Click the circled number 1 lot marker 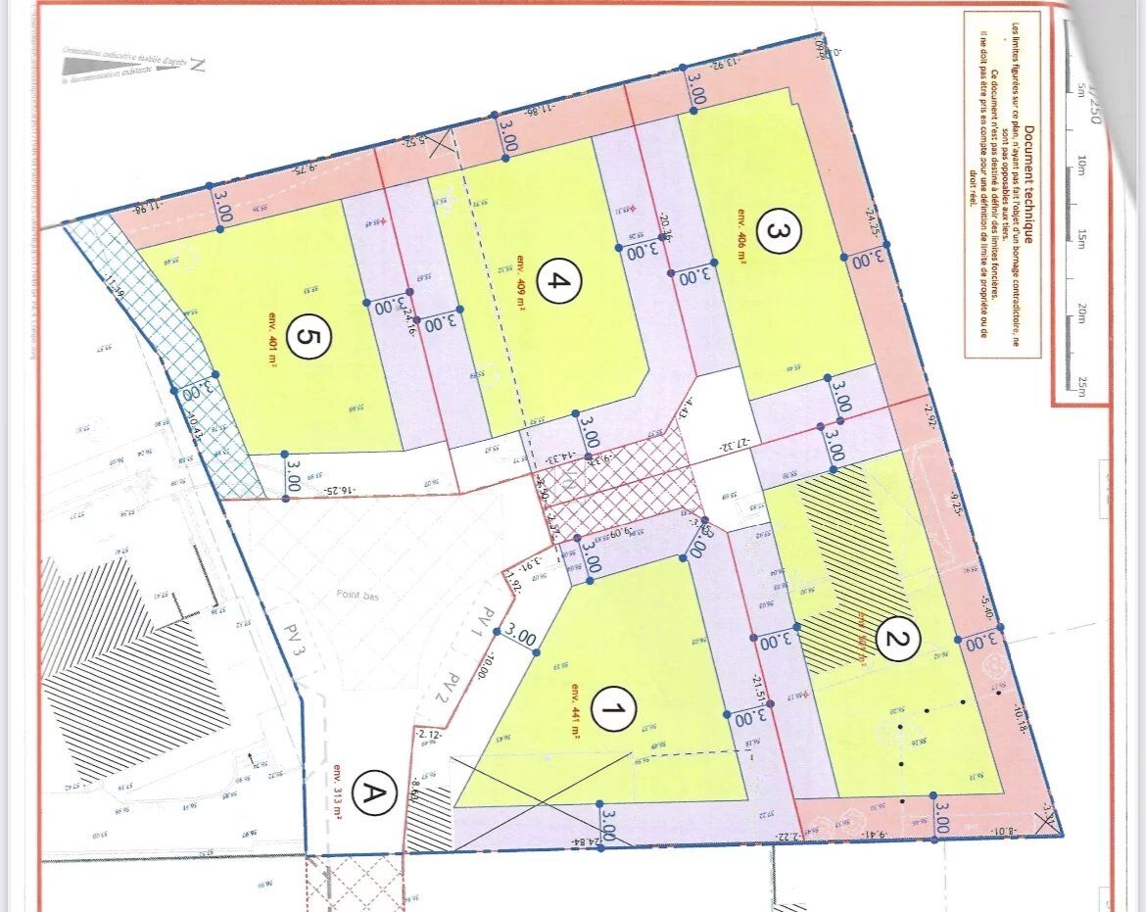[x=614, y=709]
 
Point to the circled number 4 [x=559, y=283]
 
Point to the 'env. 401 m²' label [x=272, y=338]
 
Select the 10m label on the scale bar [x=1082, y=163]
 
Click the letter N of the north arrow [x=197, y=66]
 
